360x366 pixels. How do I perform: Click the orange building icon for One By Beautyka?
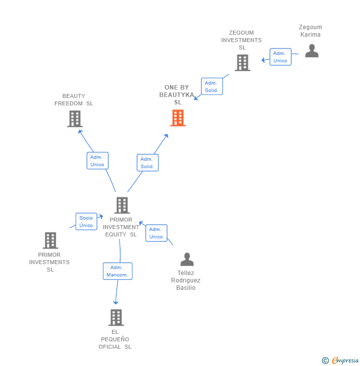178,118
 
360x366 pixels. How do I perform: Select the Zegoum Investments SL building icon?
242,62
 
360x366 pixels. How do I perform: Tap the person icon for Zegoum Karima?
312,50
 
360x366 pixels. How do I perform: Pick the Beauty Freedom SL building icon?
75,119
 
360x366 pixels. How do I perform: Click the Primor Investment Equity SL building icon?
122,205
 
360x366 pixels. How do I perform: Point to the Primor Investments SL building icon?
50,240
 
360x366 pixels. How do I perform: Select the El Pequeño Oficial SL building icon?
116,318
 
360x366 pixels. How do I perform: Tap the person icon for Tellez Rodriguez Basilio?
187,259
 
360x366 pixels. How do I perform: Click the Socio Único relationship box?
87,221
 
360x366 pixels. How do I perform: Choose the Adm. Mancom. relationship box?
118,271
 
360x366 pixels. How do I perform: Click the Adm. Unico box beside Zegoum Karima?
280,57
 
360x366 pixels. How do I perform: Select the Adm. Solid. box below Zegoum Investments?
212,87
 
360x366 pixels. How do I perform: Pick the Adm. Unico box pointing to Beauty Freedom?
97,161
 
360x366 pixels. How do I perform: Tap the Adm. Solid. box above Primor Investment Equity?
148,162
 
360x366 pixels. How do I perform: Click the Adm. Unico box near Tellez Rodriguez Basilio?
156,233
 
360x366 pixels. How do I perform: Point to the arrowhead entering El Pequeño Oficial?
116,303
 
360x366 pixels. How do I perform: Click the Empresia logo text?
345,360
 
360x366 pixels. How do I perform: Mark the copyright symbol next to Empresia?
325,361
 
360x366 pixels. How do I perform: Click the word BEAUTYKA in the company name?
177,95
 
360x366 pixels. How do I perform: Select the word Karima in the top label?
311,35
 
